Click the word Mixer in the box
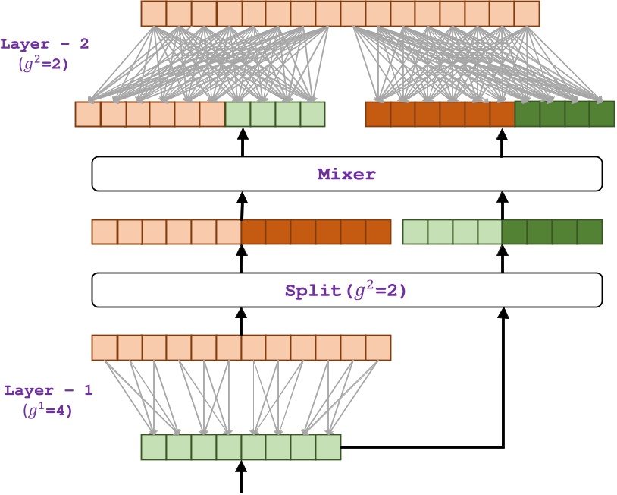(346, 174)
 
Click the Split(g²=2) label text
(346, 290)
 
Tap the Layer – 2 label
(45, 44)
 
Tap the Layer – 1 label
(49, 391)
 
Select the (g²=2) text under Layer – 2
(43, 64)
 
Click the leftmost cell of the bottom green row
(154, 447)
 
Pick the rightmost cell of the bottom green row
(328, 447)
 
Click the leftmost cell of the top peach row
(154, 14)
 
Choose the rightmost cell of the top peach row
(526, 14)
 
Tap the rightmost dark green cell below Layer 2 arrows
(601, 114)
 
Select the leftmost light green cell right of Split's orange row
(415, 232)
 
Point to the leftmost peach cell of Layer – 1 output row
(105, 347)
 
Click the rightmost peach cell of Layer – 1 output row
(377, 347)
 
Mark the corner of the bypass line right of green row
(502, 446)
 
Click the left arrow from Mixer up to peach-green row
(243, 142)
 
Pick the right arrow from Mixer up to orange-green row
(502, 142)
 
